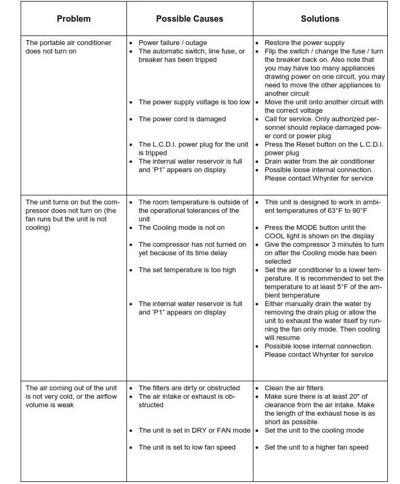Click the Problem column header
pos(74,19)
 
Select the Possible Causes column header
pos(189,19)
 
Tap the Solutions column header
pos(320,19)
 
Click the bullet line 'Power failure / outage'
pos(172,43)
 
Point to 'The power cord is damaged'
pos(182,119)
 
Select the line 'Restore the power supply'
pos(304,43)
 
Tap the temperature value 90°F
pos(358,211)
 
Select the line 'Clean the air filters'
pos(294,388)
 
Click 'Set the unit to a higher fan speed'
pos(316,447)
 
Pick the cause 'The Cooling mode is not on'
pos(181,228)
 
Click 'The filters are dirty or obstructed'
pos(189,388)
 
